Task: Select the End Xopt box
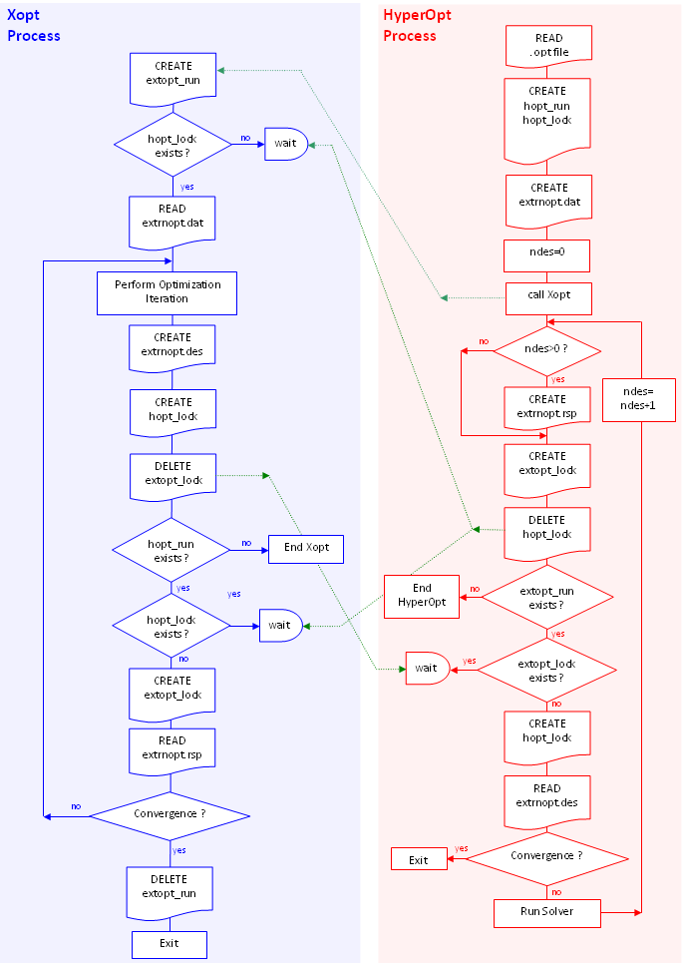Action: (x=306, y=549)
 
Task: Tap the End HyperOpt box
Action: (x=422, y=595)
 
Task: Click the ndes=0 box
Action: (x=547, y=254)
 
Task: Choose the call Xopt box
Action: (x=547, y=297)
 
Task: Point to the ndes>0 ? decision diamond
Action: (x=547, y=349)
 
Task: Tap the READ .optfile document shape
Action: (x=548, y=45)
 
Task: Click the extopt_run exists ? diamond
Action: (x=547, y=598)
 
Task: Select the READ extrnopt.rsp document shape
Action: (x=172, y=748)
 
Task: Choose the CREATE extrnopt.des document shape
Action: (x=172, y=346)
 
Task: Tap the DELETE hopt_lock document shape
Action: (x=547, y=528)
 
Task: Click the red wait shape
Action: (x=427, y=668)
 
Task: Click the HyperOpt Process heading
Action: (x=411, y=26)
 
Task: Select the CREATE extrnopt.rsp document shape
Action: (x=547, y=406)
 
